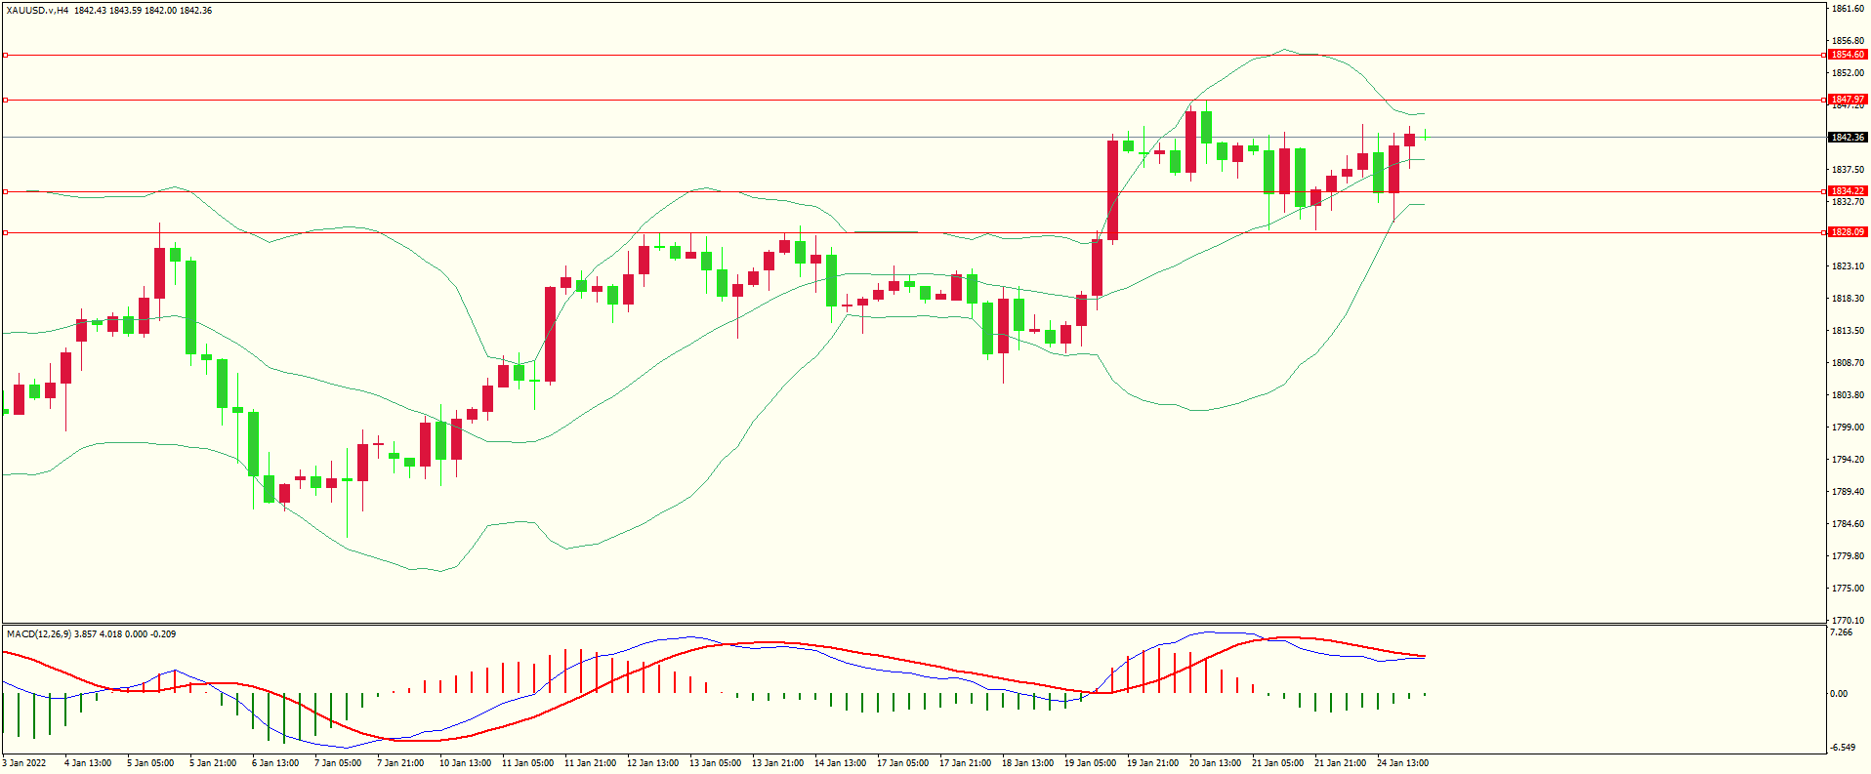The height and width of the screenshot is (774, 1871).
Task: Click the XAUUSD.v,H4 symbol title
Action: [37, 10]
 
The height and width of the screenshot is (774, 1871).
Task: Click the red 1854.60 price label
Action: [1847, 55]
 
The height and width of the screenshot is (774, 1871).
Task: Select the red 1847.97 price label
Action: [1847, 100]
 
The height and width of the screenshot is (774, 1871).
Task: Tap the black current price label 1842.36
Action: [1847, 138]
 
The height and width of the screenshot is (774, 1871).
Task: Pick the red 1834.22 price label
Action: [1847, 191]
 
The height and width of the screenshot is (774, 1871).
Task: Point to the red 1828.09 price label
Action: [1847, 232]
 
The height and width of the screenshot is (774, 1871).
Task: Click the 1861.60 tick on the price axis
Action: [1848, 9]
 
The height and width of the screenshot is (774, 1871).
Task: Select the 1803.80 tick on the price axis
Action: [1848, 395]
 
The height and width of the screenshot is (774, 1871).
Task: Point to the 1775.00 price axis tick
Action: [1848, 589]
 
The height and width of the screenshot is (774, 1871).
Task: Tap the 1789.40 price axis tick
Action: [1848, 492]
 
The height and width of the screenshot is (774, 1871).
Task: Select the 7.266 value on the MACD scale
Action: [1841, 632]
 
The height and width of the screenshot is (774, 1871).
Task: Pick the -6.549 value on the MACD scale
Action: [1842, 748]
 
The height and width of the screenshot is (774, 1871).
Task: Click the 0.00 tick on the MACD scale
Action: [1839, 694]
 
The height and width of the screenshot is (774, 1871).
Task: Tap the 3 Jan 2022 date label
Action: [24, 763]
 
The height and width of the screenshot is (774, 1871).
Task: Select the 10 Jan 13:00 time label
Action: [465, 763]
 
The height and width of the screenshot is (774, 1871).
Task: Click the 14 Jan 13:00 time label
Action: [840, 763]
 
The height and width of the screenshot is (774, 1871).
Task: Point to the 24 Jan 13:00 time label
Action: [1402, 763]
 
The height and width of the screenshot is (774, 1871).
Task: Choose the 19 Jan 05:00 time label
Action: [1090, 763]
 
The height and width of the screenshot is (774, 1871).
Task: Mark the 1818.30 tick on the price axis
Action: [1848, 299]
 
